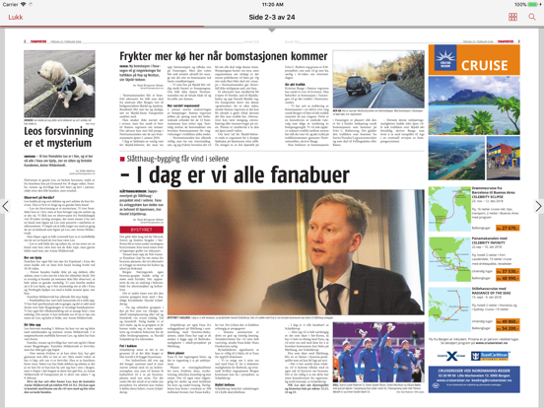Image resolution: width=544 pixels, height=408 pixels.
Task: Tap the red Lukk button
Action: click(x=15, y=18)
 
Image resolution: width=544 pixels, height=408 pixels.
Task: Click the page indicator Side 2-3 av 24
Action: click(x=271, y=18)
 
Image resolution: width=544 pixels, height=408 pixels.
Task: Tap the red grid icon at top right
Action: click(x=512, y=18)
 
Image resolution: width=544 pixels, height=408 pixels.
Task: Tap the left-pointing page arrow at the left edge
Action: click(x=5, y=207)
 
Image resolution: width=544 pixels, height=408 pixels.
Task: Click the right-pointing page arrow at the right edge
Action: click(x=538, y=207)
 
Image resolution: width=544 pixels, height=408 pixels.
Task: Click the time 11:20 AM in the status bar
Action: click(x=272, y=5)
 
